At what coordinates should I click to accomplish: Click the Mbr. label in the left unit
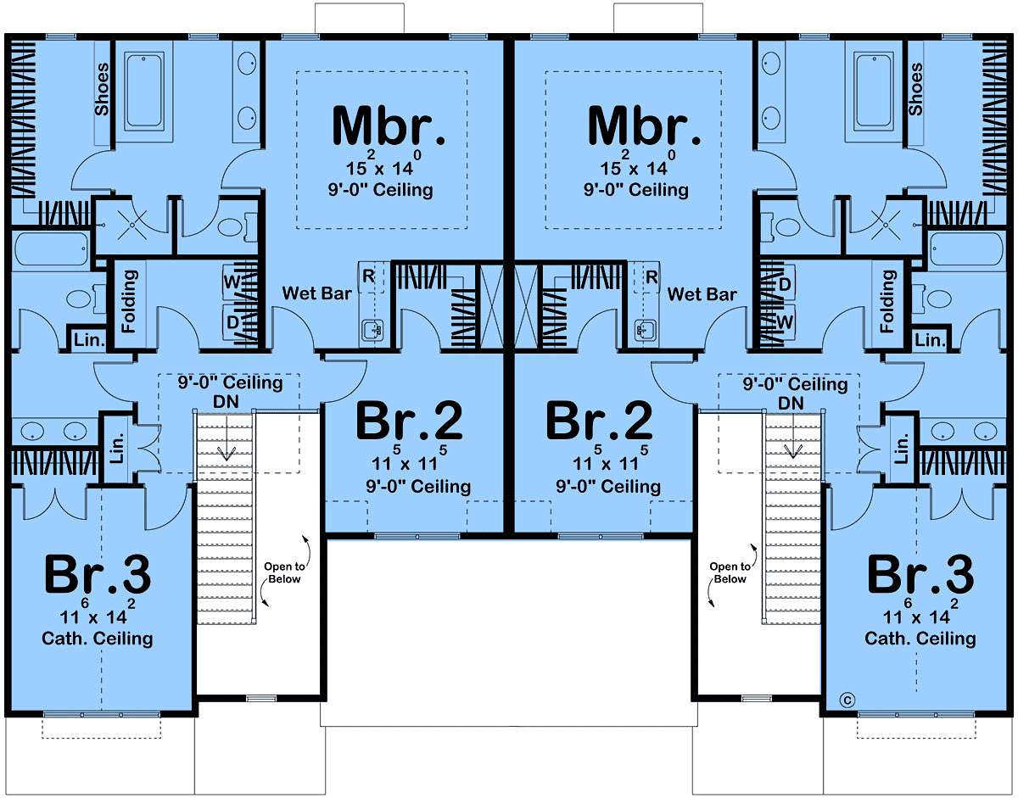click(x=389, y=125)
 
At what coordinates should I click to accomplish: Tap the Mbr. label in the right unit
click(x=644, y=125)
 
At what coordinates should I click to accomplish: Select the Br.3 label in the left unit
click(x=98, y=574)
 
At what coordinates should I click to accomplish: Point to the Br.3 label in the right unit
click(x=920, y=574)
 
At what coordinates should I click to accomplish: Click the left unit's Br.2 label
click(x=409, y=420)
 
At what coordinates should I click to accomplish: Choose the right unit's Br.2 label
click(x=599, y=420)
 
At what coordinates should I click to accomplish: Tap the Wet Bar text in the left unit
click(x=316, y=293)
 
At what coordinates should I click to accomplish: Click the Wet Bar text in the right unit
click(x=702, y=294)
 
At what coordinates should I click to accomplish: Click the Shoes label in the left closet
click(x=102, y=89)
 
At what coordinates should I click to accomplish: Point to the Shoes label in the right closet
click(x=915, y=89)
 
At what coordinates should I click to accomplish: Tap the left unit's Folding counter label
click(x=129, y=301)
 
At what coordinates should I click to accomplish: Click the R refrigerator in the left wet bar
click(x=370, y=276)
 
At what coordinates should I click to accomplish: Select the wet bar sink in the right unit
click(x=642, y=330)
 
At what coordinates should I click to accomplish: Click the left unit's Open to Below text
click(x=284, y=572)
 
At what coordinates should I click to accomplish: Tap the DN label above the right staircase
click(x=791, y=403)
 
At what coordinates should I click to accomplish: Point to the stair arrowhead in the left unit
click(x=227, y=454)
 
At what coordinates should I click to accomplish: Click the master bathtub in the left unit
click(x=144, y=90)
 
